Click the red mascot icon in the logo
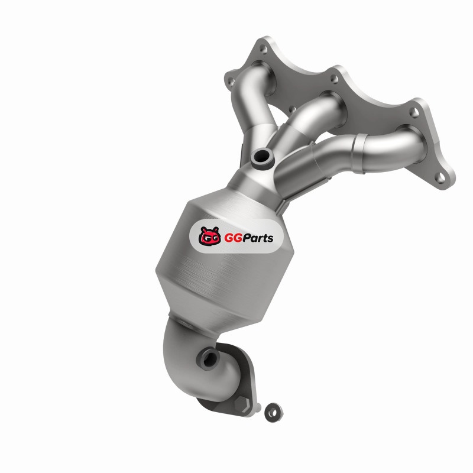point(209,236)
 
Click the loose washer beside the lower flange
point(274,412)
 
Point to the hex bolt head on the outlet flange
point(242,404)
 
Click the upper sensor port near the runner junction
point(262,157)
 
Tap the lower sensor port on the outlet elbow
point(208,358)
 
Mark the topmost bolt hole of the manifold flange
point(263,49)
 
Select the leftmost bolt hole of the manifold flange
point(231,80)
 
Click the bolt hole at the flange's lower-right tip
point(441,179)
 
